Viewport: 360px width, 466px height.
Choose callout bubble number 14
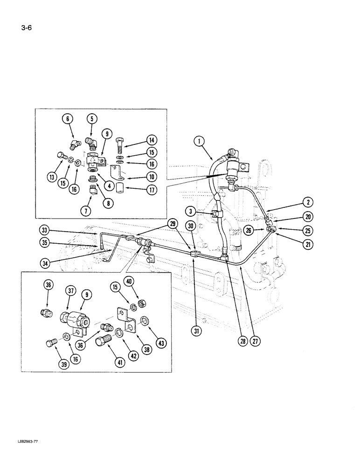tap(152, 139)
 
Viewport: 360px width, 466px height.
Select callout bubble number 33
tap(44, 230)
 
